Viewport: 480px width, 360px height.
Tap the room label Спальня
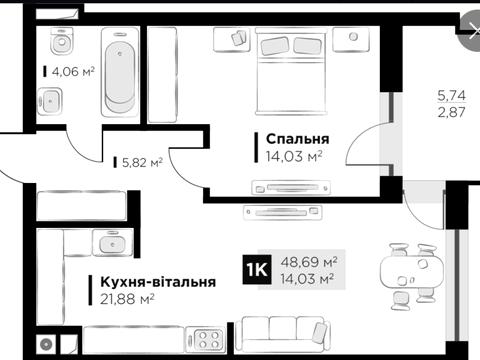pyautogui.click(x=292, y=138)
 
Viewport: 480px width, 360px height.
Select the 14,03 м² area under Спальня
pyautogui.click(x=290, y=155)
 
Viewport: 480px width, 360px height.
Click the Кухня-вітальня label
pyautogui.click(x=151, y=283)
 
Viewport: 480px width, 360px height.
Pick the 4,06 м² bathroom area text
pyautogui.click(x=71, y=71)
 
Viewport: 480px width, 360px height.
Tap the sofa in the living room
pyautogui.click(x=290, y=336)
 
